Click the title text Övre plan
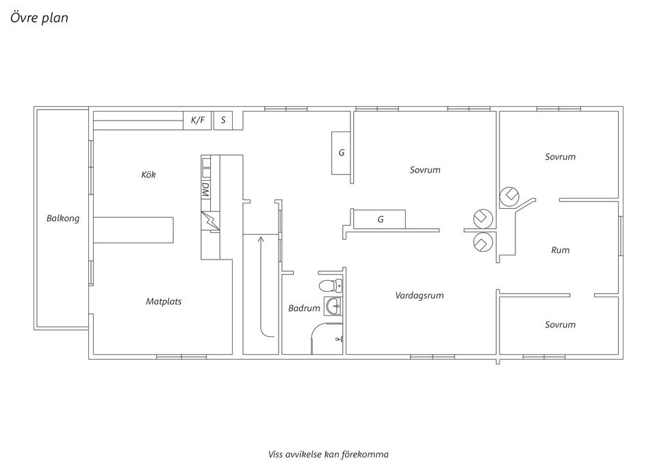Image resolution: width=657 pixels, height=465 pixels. click(x=39, y=18)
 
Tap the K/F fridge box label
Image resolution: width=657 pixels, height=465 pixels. click(x=198, y=121)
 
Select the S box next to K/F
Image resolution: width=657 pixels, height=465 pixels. click(x=223, y=121)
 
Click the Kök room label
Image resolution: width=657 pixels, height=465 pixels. click(x=149, y=175)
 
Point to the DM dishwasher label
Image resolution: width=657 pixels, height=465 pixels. click(x=205, y=189)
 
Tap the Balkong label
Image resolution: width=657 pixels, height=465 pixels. click(x=63, y=218)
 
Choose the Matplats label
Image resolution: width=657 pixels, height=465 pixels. click(x=164, y=301)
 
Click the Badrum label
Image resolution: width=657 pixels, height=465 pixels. click(x=304, y=308)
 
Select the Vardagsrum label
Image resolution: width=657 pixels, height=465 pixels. click(x=420, y=296)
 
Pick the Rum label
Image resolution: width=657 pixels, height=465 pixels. click(x=560, y=250)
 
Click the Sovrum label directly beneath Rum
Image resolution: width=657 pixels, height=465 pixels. click(x=560, y=325)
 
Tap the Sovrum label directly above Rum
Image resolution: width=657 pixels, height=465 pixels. click(x=560, y=157)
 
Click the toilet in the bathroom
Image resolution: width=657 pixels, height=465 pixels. click(x=329, y=284)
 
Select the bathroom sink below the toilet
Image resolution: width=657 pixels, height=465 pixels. click(x=333, y=306)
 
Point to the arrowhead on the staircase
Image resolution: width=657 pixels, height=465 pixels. click(x=260, y=239)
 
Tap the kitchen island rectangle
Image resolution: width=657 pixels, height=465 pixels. click(x=133, y=229)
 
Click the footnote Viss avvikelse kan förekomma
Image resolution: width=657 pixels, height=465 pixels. click(x=328, y=453)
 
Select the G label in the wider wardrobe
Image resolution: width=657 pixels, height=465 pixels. click(x=381, y=220)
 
